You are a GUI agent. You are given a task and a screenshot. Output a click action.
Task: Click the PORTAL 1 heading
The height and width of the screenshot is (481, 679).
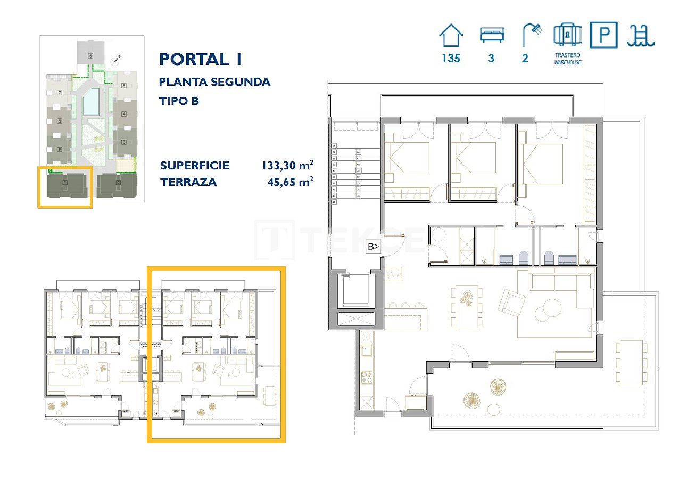tap(200, 59)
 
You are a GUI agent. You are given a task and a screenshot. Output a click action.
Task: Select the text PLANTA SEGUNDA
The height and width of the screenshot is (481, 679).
tap(214, 82)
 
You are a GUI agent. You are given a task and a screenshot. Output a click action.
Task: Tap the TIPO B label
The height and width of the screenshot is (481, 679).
tap(179, 101)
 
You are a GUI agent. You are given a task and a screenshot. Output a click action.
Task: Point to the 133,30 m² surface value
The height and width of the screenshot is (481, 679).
tap(287, 165)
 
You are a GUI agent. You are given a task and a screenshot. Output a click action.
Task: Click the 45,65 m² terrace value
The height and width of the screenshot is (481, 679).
tap(290, 182)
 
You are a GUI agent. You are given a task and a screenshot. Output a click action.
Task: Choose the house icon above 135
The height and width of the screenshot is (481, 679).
tap(451, 36)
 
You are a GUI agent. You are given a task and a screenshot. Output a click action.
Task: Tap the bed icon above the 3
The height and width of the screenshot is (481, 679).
tap(491, 35)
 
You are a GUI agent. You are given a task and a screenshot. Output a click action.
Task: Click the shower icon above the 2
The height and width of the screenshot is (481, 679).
tap(531, 35)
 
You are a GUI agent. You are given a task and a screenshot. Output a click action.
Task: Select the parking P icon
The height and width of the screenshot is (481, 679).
tap(604, 35)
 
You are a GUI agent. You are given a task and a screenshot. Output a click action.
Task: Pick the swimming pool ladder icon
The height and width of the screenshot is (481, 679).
tap(641, 35)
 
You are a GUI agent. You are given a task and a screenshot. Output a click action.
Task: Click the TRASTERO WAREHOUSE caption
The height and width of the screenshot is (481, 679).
tap(567, 59)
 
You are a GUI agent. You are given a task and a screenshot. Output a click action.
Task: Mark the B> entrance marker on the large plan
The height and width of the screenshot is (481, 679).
tap(374, 247)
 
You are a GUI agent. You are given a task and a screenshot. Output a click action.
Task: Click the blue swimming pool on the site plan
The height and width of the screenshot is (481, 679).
tap(90, 102)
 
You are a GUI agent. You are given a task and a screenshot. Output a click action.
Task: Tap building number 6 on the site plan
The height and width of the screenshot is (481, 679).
tap(90, 55)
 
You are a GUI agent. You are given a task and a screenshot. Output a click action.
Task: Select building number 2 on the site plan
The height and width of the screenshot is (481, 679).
tap(118, 183)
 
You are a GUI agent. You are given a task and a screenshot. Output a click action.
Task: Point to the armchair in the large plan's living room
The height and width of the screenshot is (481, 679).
tap(512, 302)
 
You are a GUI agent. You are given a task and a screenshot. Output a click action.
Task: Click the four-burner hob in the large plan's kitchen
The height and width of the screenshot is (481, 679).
tap(367, 377)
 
